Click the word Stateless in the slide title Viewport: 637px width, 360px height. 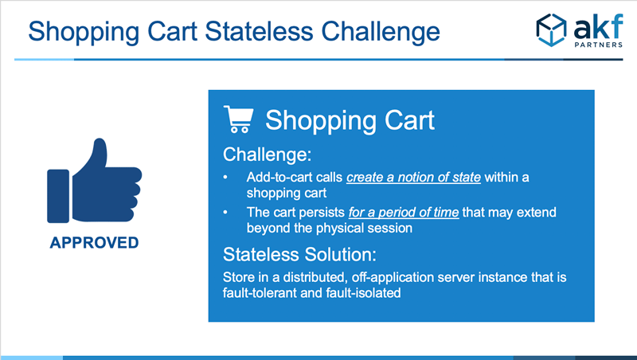[259, 31]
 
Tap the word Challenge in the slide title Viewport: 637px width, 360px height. [381, 33]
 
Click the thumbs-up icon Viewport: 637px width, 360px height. [94, 181]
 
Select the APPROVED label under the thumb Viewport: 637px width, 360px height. [94, 243]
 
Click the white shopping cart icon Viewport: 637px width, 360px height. [238, 119]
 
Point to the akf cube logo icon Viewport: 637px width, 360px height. [551, 30]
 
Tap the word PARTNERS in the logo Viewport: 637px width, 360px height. [599, 45]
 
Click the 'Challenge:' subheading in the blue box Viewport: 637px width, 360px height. [267, 155]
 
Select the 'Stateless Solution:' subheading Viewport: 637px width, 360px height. [299, 255]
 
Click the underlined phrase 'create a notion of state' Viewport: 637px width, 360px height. [413, 178]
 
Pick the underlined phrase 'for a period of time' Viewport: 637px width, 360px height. [404, 213]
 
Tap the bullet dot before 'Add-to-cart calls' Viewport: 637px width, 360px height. [225, 178]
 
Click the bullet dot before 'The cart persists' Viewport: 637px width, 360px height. [225, 213]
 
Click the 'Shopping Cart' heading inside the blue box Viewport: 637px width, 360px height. [350, 120]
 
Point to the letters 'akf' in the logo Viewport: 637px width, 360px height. [599, 26]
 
